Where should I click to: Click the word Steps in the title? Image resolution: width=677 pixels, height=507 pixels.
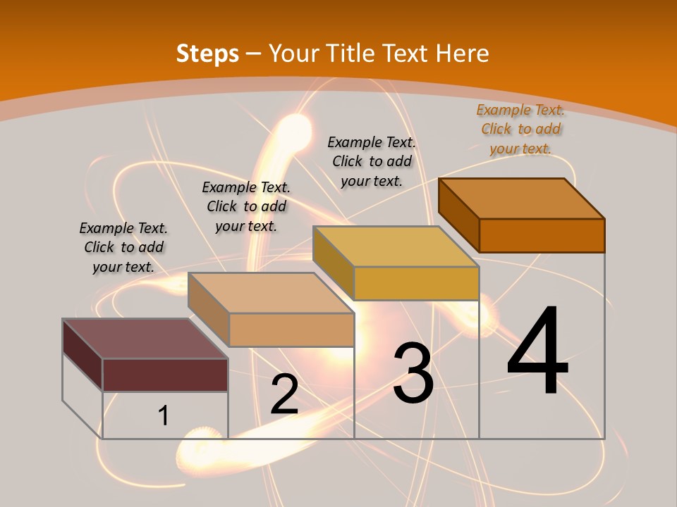(x=207, y=54)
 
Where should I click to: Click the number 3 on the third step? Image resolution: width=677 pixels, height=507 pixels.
(x=413, y=373)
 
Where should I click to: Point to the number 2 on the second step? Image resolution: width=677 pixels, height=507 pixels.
(x=284, y=394)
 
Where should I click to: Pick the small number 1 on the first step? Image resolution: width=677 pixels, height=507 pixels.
(x=164, y=415)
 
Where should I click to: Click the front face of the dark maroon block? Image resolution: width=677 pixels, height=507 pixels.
(x=165, y=375)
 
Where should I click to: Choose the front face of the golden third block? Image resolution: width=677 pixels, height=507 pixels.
(x=416, y=283)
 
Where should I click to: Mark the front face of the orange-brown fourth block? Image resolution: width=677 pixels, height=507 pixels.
(x=542, y=235)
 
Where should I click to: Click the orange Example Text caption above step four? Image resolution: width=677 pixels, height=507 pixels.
(x=520, y=129)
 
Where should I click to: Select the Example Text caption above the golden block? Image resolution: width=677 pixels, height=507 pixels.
(x=372, y=161)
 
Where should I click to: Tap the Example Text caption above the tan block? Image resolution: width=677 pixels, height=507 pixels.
(x=246, y=206)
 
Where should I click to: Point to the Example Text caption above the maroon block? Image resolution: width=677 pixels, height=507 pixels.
(x=123, y=247)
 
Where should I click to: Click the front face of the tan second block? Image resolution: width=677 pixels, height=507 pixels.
(x=291, y=330)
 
